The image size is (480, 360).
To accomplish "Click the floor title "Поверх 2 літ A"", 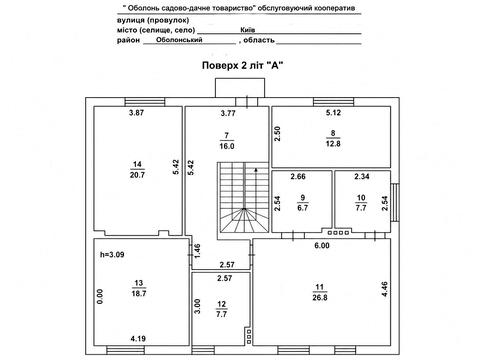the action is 242,65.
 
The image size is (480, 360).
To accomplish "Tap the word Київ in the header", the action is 248,30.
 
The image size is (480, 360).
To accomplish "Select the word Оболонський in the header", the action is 179,40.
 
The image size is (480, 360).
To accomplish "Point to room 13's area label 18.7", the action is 139,293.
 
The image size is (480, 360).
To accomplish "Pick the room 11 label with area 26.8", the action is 320,292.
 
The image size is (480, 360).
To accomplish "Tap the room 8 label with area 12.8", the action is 333,138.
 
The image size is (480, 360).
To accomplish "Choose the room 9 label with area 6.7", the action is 303,203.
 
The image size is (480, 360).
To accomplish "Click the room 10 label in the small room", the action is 361,203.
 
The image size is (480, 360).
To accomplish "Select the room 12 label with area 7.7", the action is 222,309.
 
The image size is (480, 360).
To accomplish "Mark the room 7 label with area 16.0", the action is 227,141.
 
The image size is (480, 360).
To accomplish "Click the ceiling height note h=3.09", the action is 112,255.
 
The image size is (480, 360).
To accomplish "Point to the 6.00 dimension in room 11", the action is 322,246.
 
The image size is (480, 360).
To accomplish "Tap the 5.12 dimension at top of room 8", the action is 333,113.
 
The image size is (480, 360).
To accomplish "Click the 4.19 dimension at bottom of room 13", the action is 138,339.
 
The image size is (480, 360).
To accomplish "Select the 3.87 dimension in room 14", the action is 136,113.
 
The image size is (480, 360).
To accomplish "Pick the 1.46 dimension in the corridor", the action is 197,251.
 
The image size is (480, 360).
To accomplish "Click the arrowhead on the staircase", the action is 256,170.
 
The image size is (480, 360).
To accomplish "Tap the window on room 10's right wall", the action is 395,202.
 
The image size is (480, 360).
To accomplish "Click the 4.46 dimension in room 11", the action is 385,289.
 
